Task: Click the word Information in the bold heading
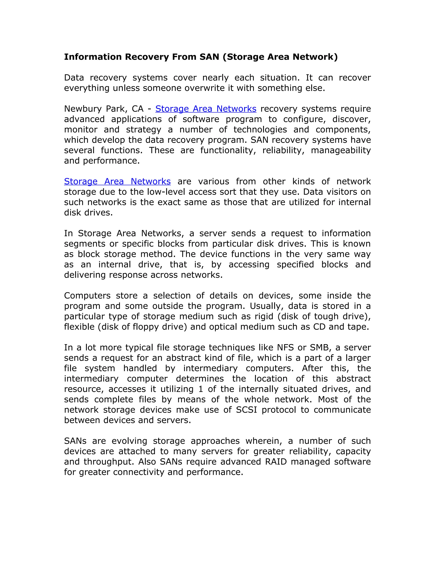point(93,57)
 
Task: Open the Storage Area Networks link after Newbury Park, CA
point(206,109)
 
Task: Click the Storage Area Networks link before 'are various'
point(117,181)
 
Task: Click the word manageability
point(341,150)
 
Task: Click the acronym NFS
point(285,348)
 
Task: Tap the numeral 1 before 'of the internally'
point(201,389)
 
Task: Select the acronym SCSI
point(246,410)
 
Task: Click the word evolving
point(129,441)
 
